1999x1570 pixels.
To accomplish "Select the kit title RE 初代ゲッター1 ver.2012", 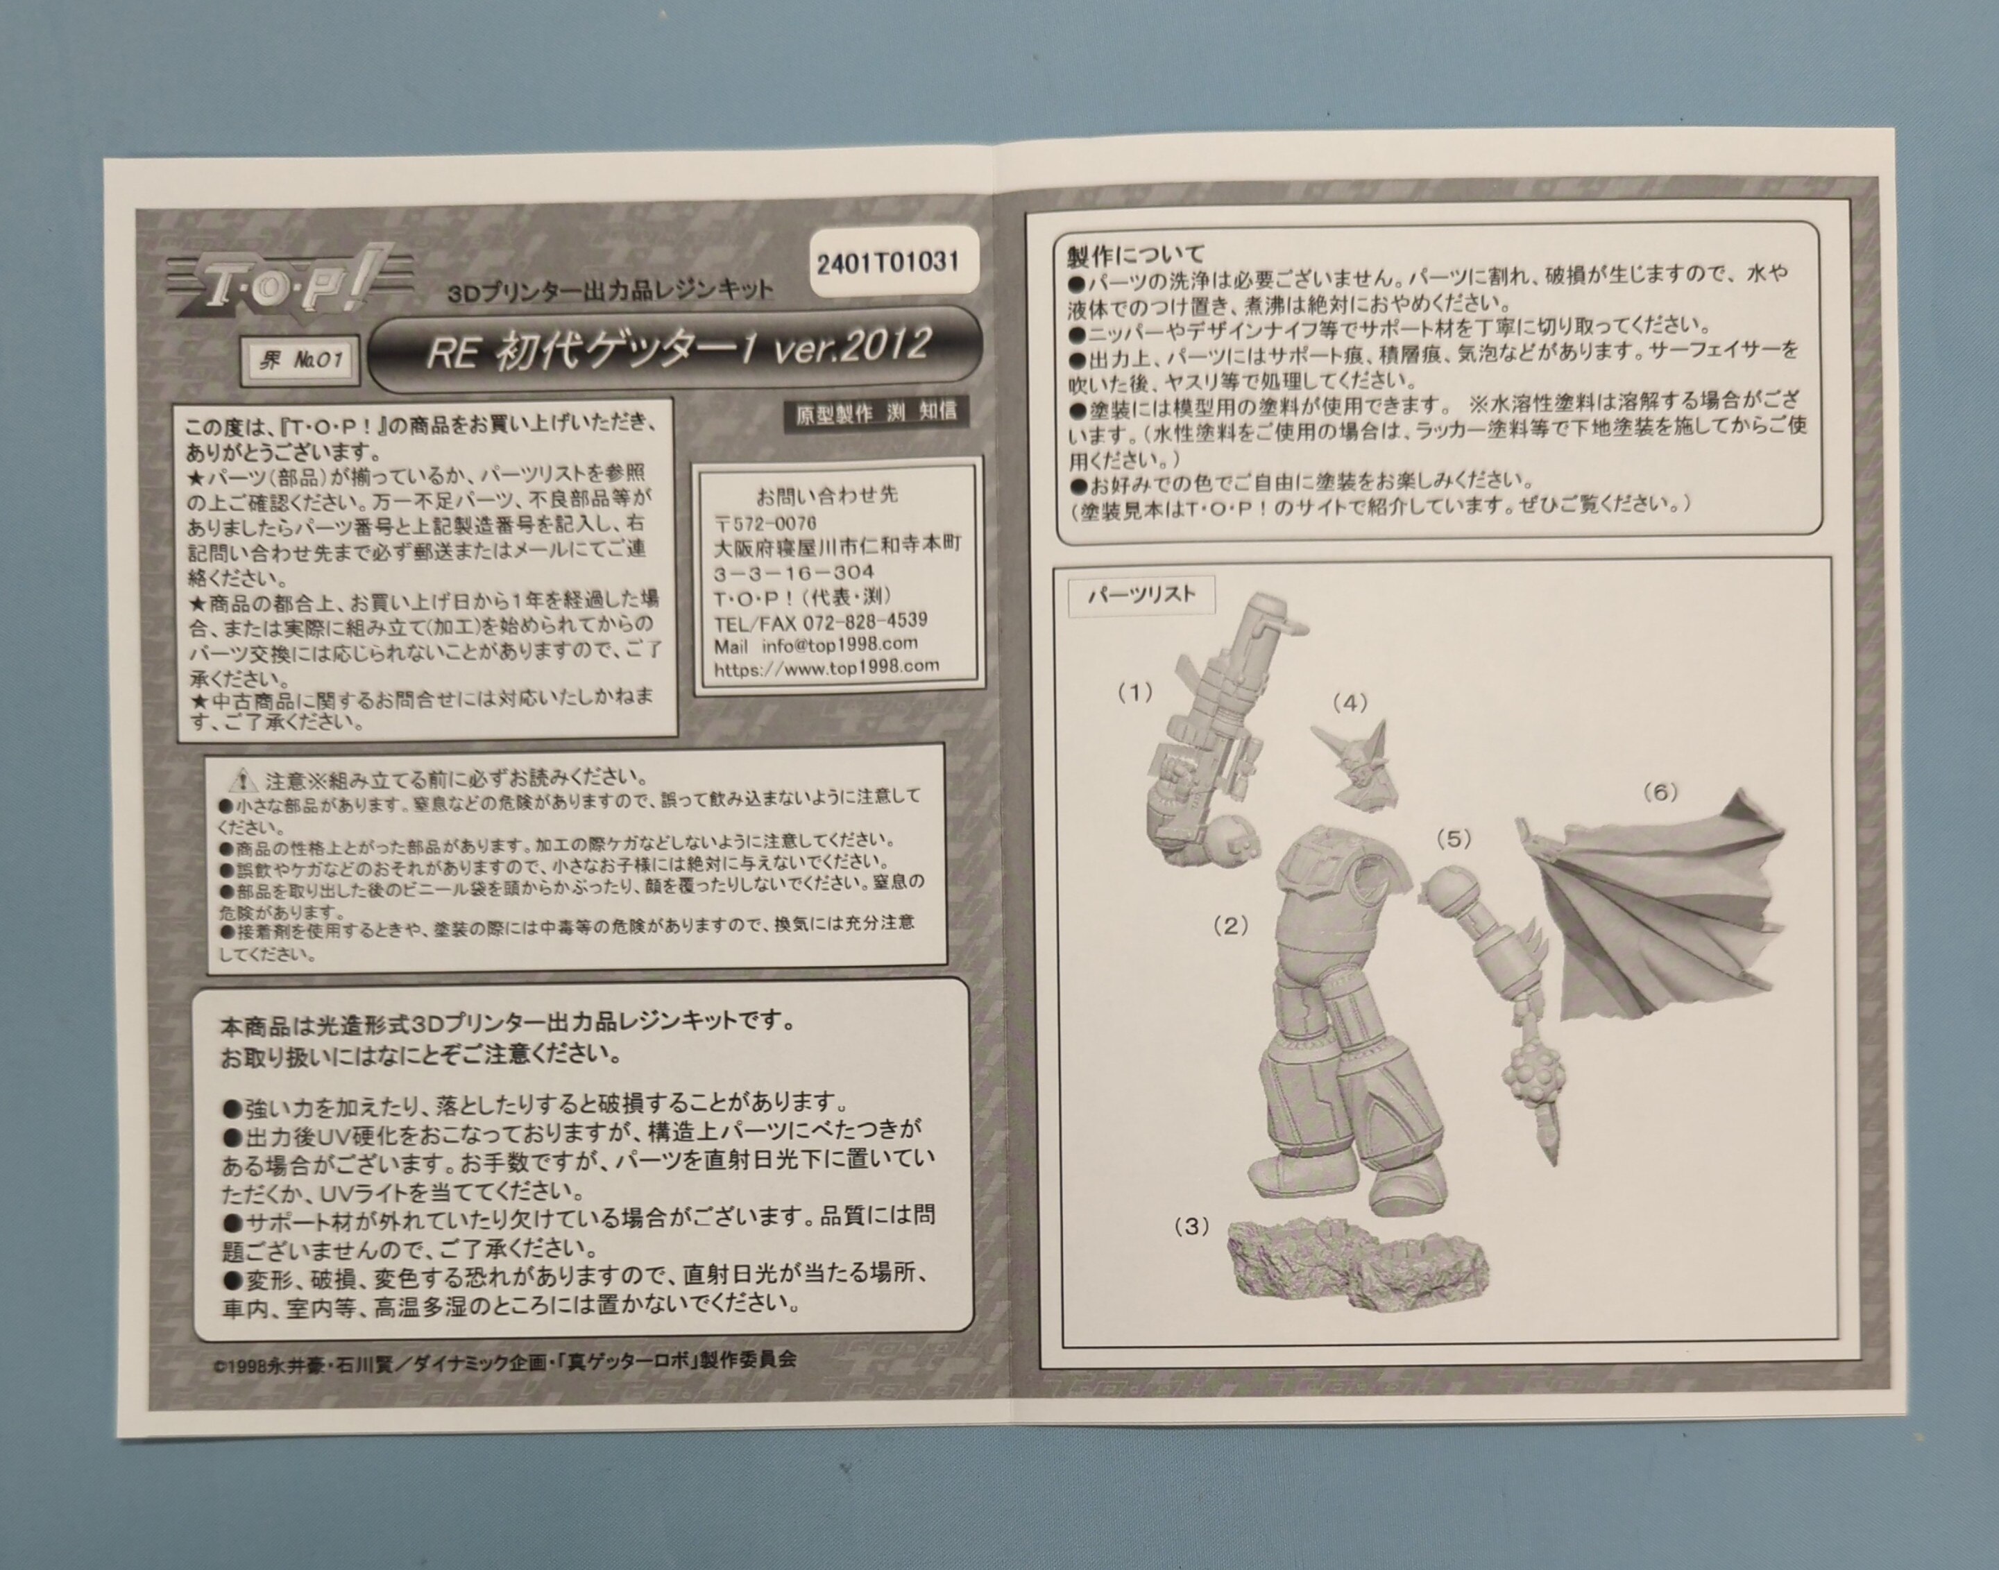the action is (x=678, y=350).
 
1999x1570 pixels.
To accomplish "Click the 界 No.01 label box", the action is (x=300, y=361).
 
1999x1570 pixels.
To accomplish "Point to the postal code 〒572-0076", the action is (x=765, y=522).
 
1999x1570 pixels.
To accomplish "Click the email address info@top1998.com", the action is (x=840, y=644).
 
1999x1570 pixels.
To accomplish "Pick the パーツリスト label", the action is (x=1141, y=596).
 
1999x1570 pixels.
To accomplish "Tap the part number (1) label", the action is (x=1134, y=693).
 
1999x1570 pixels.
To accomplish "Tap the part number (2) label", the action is (x=1230, y=926).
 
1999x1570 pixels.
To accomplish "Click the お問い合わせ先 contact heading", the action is (x=826, y=494).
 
